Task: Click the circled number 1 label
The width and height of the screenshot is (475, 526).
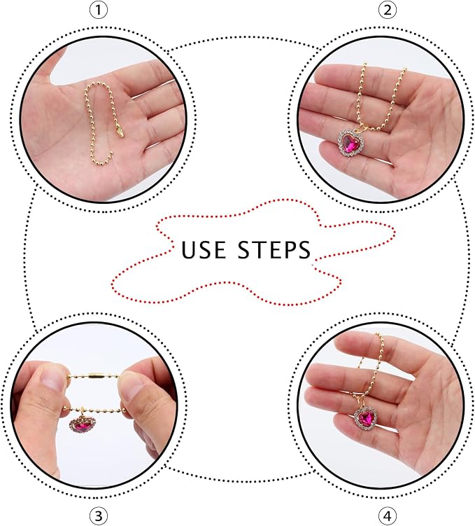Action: tap(99, 10)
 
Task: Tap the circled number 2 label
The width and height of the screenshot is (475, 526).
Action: tap(387, 10)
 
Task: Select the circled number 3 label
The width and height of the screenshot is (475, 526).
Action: tap(99, 515)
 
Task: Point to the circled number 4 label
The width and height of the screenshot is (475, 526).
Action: tap(387, 515)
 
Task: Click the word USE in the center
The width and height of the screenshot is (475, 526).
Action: tap(204, 249)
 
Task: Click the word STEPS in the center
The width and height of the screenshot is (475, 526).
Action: tap(274, 249)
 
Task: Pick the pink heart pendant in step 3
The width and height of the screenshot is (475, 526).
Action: tap(83, 425)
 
